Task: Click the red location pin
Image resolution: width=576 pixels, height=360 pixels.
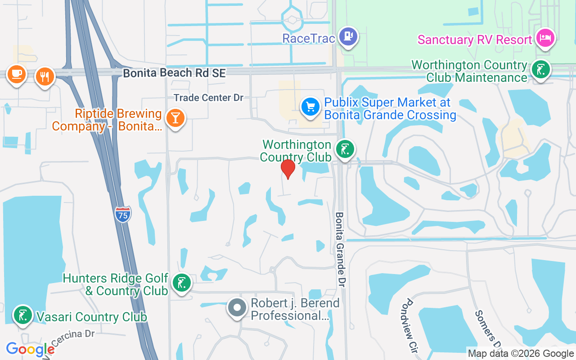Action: pos(288,169)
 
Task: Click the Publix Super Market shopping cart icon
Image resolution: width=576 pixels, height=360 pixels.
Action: pos(310,107)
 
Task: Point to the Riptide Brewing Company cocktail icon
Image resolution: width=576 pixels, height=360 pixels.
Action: pos(175,118)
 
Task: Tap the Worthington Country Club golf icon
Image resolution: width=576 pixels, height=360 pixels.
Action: pos(345,149)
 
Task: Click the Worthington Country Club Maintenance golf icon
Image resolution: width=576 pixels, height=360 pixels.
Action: pos(539,70)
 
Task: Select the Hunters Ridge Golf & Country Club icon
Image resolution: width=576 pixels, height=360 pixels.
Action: pos(181,283)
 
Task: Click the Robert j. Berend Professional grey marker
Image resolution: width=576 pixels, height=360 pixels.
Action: pos(237,308)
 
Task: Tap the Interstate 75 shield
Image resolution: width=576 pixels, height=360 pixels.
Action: pos(123,214)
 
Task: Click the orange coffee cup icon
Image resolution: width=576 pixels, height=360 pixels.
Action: pos(17,74)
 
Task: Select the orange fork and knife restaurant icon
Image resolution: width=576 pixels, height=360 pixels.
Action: pos(44,76)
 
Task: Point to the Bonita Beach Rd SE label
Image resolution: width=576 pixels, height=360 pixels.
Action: pos(174,73)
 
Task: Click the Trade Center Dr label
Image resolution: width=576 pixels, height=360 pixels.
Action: pos(208,97)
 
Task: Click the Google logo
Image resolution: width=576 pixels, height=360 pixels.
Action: pos(30,349)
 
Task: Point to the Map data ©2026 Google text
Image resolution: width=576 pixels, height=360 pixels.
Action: pos(521,354)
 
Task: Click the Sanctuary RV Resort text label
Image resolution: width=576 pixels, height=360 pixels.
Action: pos(475,40)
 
